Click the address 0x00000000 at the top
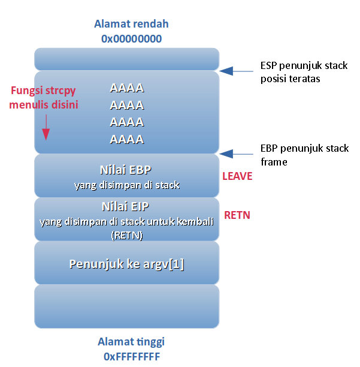131,39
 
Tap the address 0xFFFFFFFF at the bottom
132,357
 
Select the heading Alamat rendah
131,24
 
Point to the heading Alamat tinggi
131,342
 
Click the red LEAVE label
237,176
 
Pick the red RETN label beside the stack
237,215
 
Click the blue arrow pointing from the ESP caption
237,71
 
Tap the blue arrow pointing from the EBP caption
237,154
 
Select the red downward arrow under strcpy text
46,128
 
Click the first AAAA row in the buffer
127,88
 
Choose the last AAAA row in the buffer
127,140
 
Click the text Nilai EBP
126,170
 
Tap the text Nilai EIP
126,207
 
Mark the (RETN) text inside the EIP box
127,235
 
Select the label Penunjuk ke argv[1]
127,264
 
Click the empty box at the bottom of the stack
127,306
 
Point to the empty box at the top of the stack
127,59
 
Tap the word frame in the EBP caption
274,162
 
